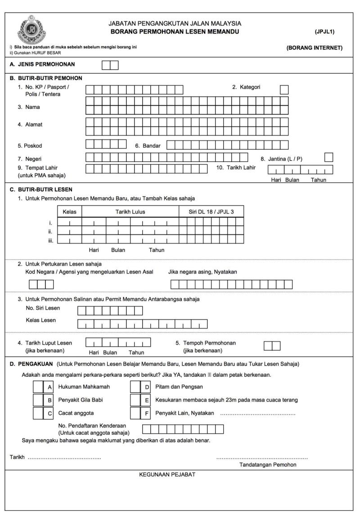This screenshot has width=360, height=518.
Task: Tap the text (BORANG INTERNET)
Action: (x=314, y=48)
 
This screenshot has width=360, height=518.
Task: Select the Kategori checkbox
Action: (x=284, y=90)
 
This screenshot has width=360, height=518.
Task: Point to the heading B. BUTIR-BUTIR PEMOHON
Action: (x=46, y=78)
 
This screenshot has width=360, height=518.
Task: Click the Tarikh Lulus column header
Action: (x=130, y=211)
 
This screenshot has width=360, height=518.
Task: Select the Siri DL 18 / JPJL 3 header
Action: (x=211, y=211)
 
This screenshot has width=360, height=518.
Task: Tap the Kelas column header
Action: (x=69, y=211)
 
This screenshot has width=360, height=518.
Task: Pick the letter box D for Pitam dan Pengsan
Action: (x=147, y=387)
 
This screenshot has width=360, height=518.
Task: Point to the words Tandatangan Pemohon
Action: (x=268, y=465)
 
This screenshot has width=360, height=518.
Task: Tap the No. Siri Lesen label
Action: (x=43, y=308)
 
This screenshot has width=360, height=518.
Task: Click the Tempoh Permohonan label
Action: (x=209, y=343)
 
